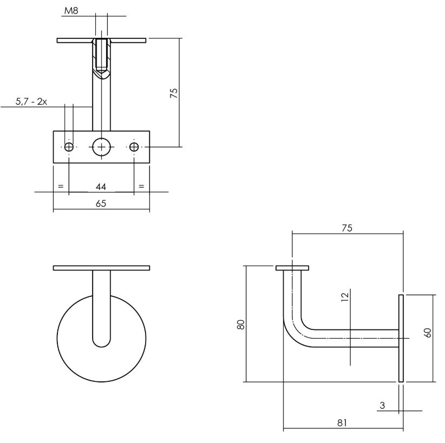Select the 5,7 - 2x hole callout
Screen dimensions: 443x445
pyautogui.click(x=31, y=101)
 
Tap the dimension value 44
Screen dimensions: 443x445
pyautogui.click(x=100, y=187)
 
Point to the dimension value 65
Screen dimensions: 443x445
pyautogui.click(x=100, y=203)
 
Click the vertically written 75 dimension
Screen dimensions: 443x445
pyautogui.click(x=174, y=92)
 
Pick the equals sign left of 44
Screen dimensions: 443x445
pyautogui.click(x=61, y=187)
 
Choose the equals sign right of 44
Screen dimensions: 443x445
pyautogui.click(x=141, y=187)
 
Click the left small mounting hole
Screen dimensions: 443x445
pyautogui.click(x=69, y=147)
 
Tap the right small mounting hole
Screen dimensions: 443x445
pyautogui.click(x=134, y=147)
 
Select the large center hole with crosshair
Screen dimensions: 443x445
pyautogui.click(x=101, y=147)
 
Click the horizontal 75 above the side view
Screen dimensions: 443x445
pyautogui.click(x=347, y=228)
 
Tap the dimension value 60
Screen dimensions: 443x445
pyautogui.click(x=428, y=333)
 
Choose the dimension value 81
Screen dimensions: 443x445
pyautogui.click(x=342, y=422)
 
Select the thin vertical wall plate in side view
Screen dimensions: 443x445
pyautogui.click(x=401, y=339)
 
